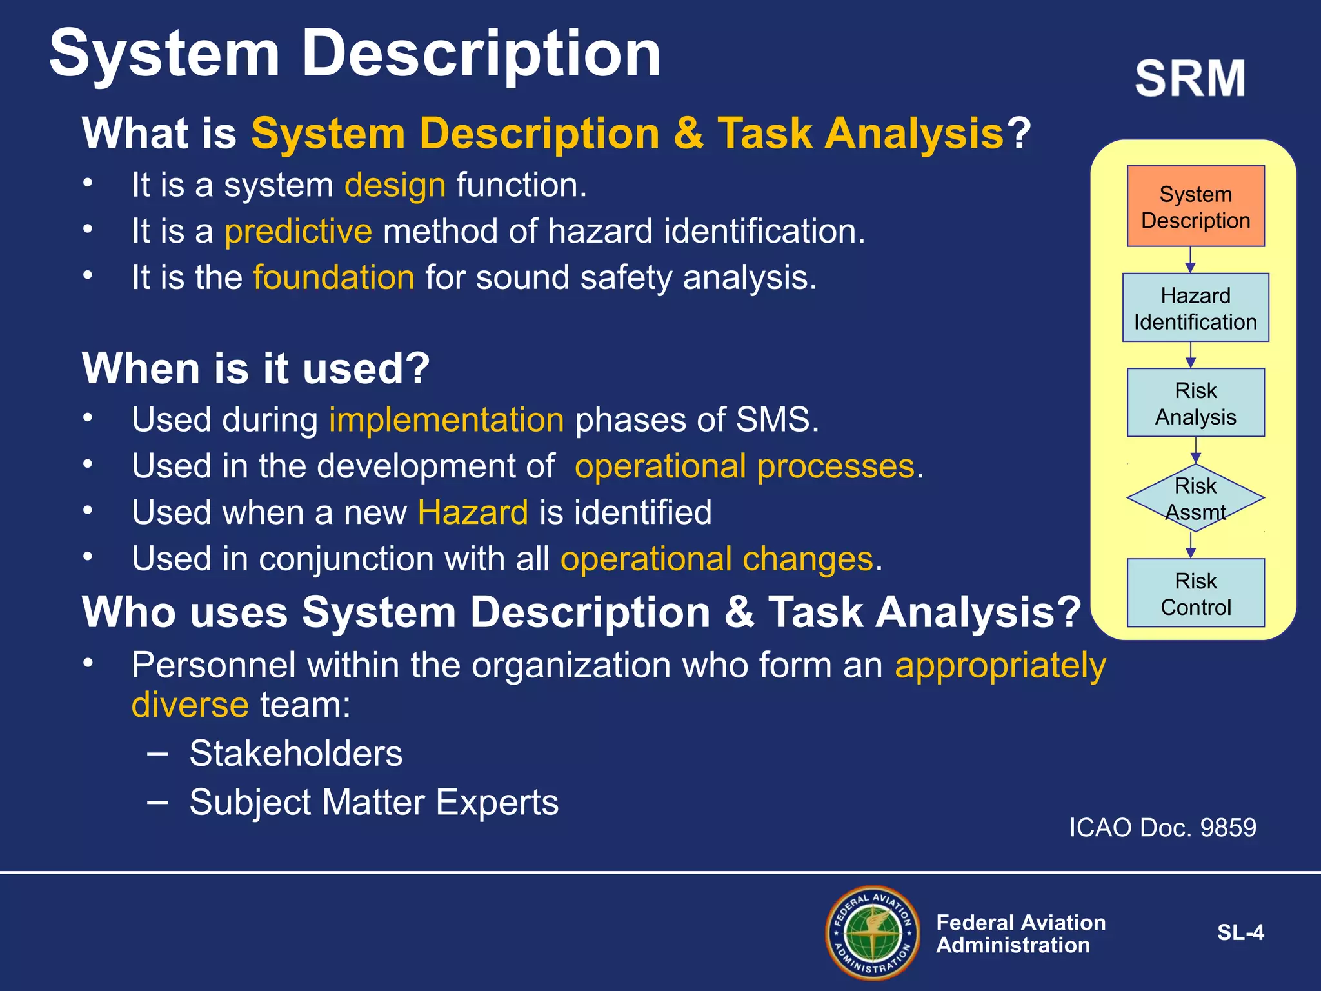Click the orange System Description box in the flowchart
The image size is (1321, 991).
(1195, 206)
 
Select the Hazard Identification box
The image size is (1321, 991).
(1195, 308)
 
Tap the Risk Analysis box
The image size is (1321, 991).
(1195, 403)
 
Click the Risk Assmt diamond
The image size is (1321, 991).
(1195, 498)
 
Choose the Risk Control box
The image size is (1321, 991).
(1195, 593)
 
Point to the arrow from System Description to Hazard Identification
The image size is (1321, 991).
(1191, 261)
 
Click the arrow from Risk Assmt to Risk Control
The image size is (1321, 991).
(1191, 546)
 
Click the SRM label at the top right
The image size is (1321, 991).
(1190, 79)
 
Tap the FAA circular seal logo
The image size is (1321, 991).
(873, 933)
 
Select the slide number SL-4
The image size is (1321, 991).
(1240, 932)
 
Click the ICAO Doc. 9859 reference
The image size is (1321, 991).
(1162, 827)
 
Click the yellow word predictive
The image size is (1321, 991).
(298, 231)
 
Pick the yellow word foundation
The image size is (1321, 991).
(333, 277)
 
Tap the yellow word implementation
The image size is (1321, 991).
(446, 420)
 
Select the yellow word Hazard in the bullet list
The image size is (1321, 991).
(473, 513)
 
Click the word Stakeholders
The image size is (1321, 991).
(295, 753)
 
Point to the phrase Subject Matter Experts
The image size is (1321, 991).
(373, 802)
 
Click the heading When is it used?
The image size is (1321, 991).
(255, 368)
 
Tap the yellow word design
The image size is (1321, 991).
(395, 185)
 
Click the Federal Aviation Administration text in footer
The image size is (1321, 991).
(1020, 934)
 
